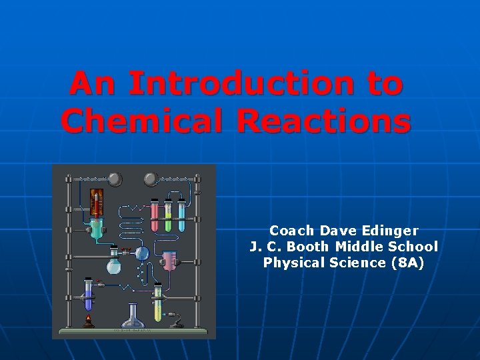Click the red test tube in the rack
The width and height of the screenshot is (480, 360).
click(155, 217)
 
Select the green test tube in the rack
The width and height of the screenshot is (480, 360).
click(168, 217)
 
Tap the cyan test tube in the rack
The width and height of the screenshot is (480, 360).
click(181, 217)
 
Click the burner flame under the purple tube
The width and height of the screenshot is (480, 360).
click(88, 320)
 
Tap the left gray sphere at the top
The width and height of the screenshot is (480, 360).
click(115, 179)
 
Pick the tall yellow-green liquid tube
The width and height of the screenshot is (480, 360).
click(157, 303)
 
